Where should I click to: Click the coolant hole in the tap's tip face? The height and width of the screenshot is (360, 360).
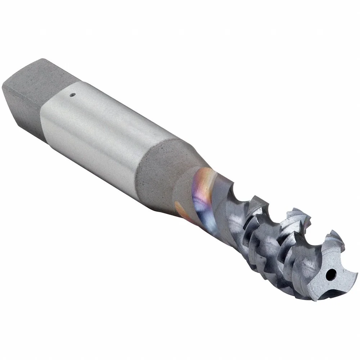click(328, 276)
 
